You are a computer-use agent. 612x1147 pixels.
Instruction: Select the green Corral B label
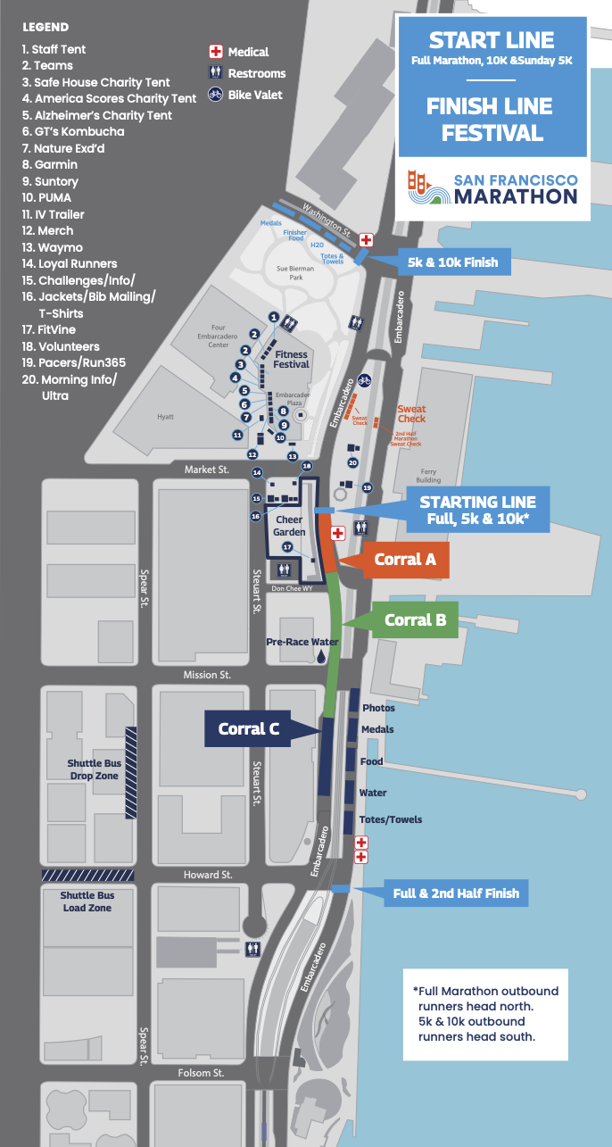tap(415, 619)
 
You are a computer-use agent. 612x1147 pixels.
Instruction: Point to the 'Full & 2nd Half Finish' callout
tap(456, 893)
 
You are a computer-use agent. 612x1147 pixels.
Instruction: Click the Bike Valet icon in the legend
tap(215, 94)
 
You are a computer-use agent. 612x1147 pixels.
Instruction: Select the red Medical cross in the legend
tap(215, 52)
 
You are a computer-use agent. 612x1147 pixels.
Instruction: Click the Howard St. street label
tap(208, 875)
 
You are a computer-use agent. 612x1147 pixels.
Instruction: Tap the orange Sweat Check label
tap(411, 414)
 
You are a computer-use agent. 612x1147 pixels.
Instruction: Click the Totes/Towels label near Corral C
tap(392, 819)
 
